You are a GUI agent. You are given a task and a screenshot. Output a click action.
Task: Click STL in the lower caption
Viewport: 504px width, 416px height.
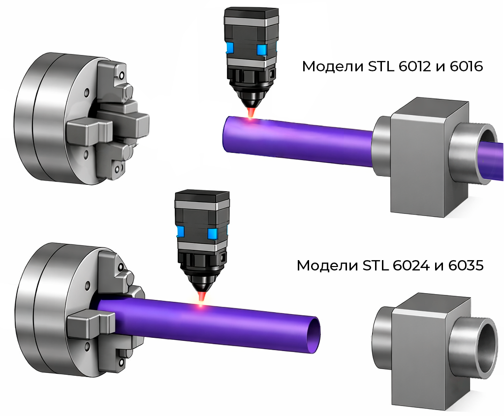point(374,266)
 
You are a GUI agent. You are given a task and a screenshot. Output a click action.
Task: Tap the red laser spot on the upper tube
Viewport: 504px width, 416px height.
point(251,119)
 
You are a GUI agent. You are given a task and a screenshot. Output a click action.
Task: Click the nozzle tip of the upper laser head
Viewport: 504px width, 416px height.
point(252,108)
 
